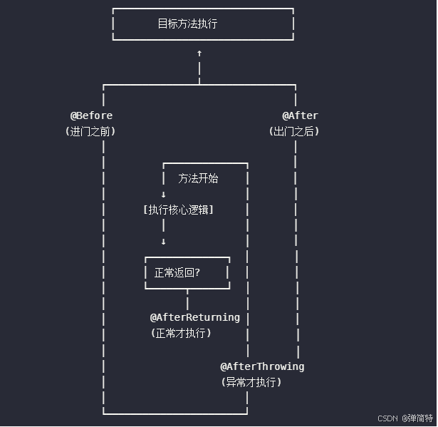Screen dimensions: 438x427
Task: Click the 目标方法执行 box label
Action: pyautogui.click(x=187, y=24)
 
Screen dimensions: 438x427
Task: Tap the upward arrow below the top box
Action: pyautogui.click(x=199, y=53)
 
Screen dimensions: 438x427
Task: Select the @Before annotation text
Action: pyautogui.click(x=91, y=115)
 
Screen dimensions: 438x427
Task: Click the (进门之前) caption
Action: pyautogui.click(x=90, y=131)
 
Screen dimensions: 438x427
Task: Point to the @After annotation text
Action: pyautogui.click(x=300, y=115)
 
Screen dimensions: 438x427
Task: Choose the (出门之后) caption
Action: pyautogui.click(x=294, y=131)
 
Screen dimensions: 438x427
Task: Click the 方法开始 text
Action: pyautogui.click(x=198, y=178)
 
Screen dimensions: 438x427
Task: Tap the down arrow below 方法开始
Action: pyautogui.click(x=163, y=195)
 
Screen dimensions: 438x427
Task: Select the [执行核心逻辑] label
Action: pyautogui.click(x=178, y=210)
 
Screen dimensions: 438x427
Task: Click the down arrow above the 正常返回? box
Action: pyautogui.click(x=163, y=242)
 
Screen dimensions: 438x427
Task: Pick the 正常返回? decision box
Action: pyautogui.click(x=187, y=272)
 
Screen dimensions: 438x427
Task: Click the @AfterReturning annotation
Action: pyautogui.click(x=194, y=317)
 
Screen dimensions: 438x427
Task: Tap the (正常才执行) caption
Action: pyautogui.click(x=181, y=333)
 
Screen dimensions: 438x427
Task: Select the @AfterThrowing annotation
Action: pyautogui.click(x=262, y=366)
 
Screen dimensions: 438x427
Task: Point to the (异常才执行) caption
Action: pyautogui.click(x=251, y=382)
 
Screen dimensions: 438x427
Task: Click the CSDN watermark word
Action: pyautogui.click(x=387, y=418)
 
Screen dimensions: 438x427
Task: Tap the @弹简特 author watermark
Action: pyautogui.click(x=417, y=418)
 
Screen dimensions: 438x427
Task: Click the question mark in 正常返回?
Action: pyautogui.click(x=197, y=272)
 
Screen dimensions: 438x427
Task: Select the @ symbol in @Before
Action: pyautogui.click(x=73, y=115)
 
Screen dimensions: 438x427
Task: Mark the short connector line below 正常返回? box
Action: pyautogui.click(x=187, y=299)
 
